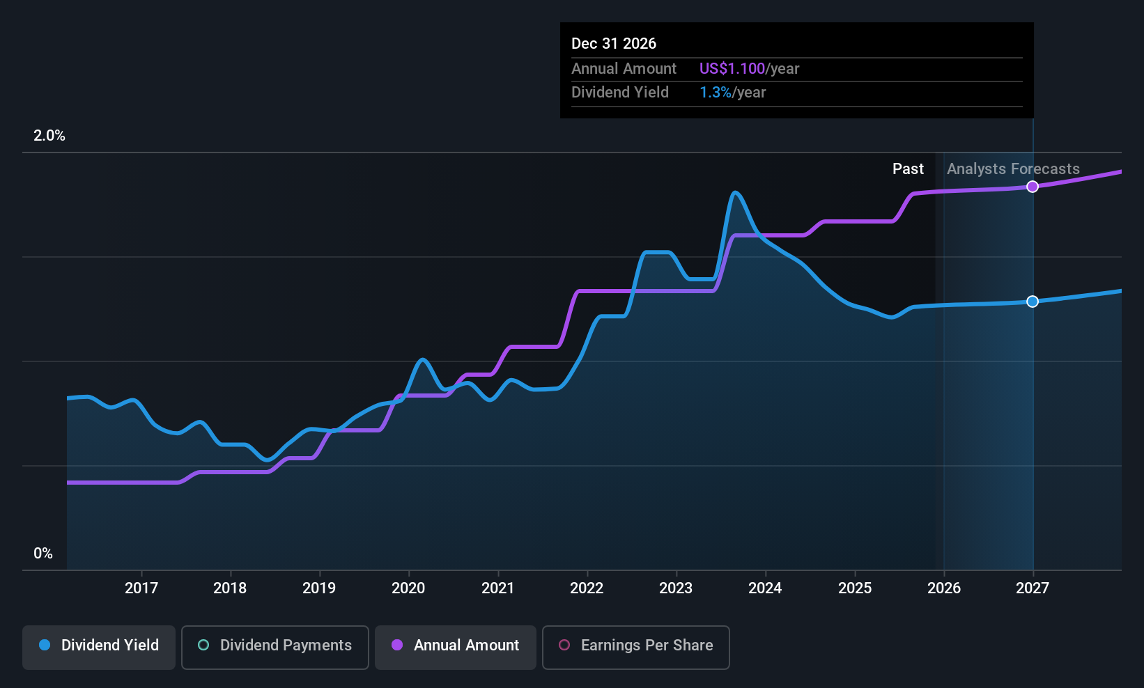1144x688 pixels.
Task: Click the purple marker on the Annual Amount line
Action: coord(1033,187)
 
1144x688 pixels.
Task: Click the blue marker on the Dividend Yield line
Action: coord(1033,302)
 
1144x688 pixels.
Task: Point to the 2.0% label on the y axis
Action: coord(49,136)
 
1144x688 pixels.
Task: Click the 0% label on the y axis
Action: coord(43,554)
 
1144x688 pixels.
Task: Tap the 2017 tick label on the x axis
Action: coord(141,588)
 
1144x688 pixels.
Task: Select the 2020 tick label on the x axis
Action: coord(408,588)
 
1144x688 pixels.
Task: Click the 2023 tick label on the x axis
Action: coord(676,588)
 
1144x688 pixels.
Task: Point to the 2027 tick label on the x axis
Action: coord(1033,588)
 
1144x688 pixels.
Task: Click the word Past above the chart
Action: coord(908,169)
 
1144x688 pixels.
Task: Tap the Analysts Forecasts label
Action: coord(1013,169)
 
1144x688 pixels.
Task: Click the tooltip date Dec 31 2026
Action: coord(614,44)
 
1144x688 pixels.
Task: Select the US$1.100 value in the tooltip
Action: coord(732,69)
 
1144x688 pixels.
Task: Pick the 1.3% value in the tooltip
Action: coord(716,93)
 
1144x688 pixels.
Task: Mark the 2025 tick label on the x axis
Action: coord(855,588)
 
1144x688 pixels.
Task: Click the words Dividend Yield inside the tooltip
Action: coord(620,93)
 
